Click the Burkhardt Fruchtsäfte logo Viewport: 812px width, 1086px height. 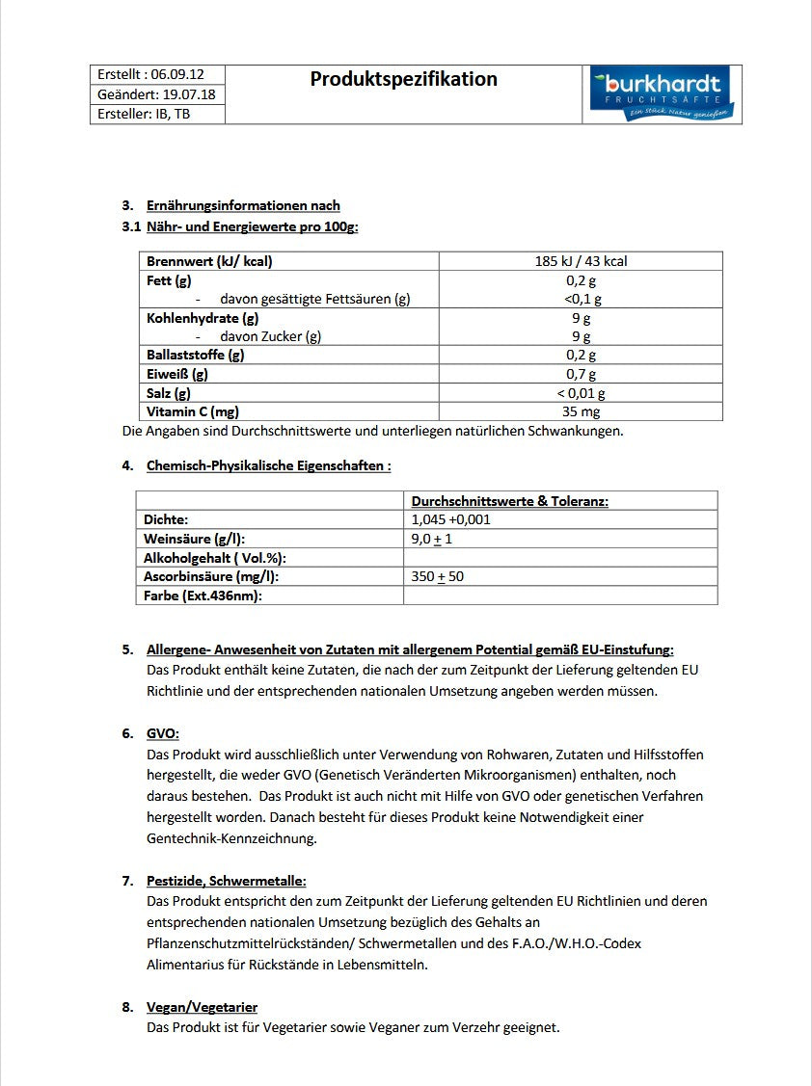pyautogui.click(x=661, y=93)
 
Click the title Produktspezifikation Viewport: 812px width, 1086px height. pyautogui.click(x=403, y=79)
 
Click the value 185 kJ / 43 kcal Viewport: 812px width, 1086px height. pyautogui.click(x=581, y=261)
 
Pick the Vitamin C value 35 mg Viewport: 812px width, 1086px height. pyautogui.click(x=581, y=411)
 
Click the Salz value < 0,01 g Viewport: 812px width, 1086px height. pyautogui.click(x=581, y=393)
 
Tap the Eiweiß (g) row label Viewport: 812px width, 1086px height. pyautogui.click(x=176, y=374)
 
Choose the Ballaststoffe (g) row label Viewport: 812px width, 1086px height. pyautogui.click(x=195, y=355)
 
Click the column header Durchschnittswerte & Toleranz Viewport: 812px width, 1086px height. pyautogui.click(x=509, y=501)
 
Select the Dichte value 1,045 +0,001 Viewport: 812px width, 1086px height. pyautogui.click(x=450, y=519)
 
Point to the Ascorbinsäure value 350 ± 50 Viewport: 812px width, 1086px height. pyautogui.click(x=437, y=576)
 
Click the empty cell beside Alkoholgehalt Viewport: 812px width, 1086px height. pyautogui.click(x=559, y=558)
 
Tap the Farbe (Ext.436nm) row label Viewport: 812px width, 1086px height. pyautogui.click(x=203, y=596)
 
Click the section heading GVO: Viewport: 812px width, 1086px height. pyautogui.click(x=163, y=733)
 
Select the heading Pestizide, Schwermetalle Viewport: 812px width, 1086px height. pyautogui.click(x=226, y=881)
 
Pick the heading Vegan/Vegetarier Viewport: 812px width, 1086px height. pyautogui.click(x=202, y=1007)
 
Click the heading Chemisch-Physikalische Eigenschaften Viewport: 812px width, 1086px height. pyautogui.click(x=268, y=465)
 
